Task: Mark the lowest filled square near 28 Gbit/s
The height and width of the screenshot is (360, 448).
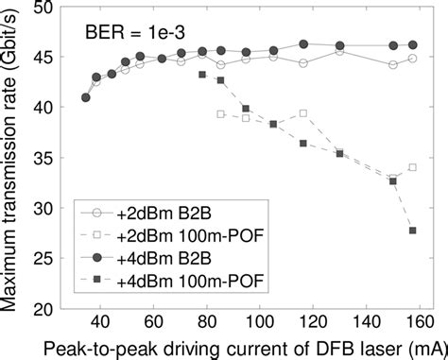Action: coord(413,231)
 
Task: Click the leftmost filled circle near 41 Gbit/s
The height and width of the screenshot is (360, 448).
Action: coord(87,97)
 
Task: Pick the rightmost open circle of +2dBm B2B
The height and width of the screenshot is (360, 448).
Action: coord(413,59)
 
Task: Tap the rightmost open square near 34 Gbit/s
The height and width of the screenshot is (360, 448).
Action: coord(413,167)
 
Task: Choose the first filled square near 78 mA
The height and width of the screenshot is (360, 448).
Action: coord(202,75)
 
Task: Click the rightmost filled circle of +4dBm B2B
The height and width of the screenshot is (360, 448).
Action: coord(413,44)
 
